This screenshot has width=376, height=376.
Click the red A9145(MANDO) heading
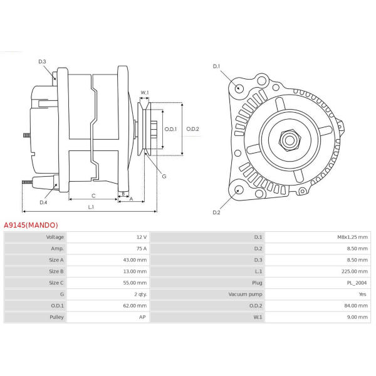(x=31, y=225)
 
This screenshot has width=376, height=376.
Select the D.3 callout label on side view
(x=42, y=61)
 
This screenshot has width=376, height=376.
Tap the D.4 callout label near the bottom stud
(x=43, y=202)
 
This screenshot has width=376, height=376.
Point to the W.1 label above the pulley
(x=145, y=93)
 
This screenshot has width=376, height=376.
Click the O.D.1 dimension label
(x=170, y=129)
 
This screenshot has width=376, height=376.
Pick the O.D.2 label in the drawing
(x=193, y=129)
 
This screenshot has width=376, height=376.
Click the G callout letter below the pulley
(x=164, y=177)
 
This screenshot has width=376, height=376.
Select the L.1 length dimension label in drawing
(x=91, y=207)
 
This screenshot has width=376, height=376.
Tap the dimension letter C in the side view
(x=93, y=196)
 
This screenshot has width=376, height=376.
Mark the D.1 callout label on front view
(x=216, y=66)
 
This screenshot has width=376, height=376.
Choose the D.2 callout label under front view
(x=216, y=212)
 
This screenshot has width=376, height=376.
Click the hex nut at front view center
(x=290, y=140)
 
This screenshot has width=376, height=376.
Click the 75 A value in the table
(x=142, y=249)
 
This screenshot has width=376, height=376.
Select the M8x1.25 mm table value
(x=352, y=237)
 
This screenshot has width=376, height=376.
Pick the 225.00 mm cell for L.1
(x=355, y=271)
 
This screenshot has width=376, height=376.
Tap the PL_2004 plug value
(x=357, y=283)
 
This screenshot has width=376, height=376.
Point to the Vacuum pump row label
(x=245, y=295)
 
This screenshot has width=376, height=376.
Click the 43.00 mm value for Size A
(x=135, y=260)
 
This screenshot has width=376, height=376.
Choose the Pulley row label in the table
(x=56, y=317)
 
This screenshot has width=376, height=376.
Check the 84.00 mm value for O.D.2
(x=356, y=306)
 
